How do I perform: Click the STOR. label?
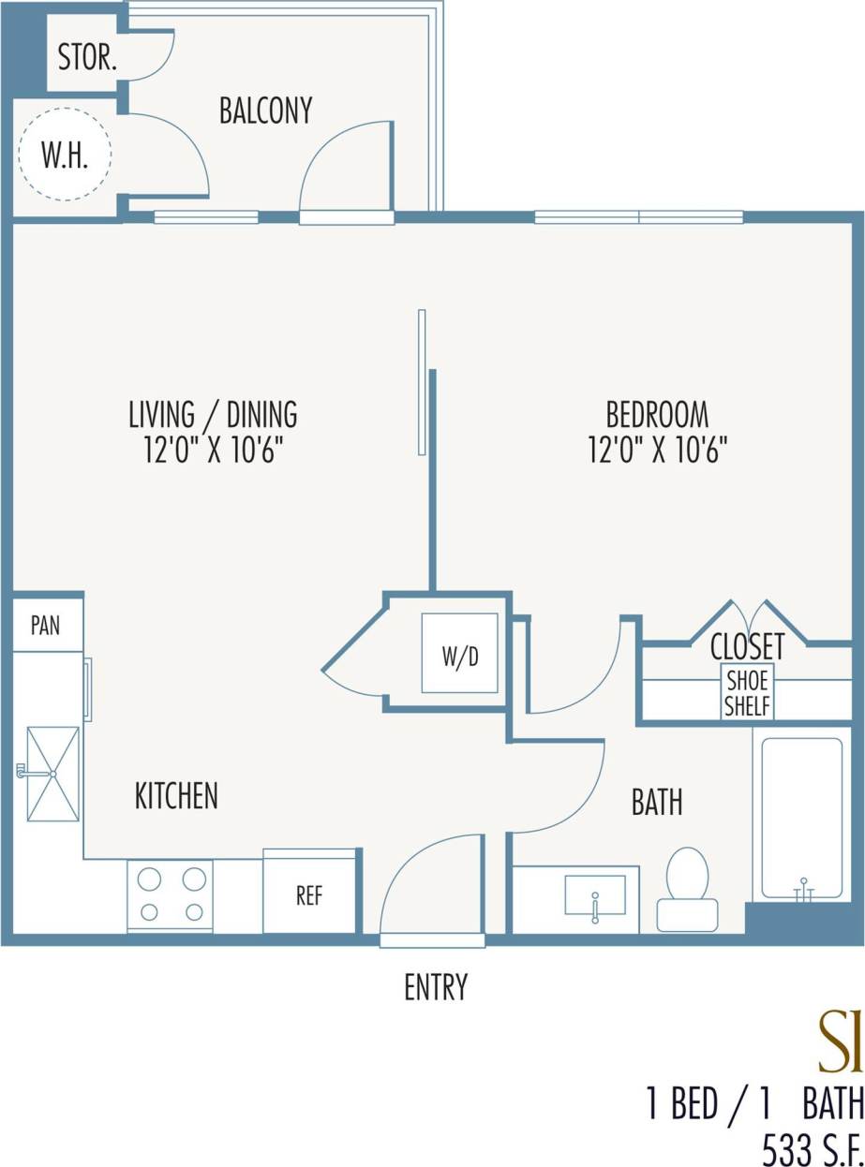(87, 58)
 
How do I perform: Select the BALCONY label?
(265, 111)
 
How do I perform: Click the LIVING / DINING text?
(213, 413)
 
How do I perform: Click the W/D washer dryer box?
(459, 654)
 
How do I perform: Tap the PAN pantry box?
(46, 625)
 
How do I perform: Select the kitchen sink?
(52, 774)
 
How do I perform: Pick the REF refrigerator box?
(309, 894)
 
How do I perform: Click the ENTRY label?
(436, 987)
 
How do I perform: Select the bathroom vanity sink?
(595, 895)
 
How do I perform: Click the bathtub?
(801, 818)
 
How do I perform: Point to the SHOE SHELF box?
(747, 693)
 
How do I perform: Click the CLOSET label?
(747, 646)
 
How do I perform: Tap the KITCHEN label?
(176, 796)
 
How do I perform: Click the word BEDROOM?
(657, 413)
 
